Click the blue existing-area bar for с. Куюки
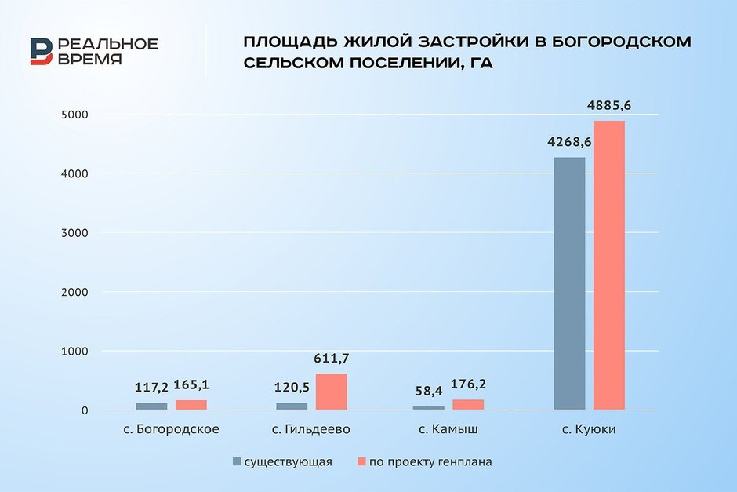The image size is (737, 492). [x=569, y=283]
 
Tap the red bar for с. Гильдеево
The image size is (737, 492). [x=331, y=392]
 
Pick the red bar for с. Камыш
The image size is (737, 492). [x=468, y=404]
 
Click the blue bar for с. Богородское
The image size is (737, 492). [x=151, y=406]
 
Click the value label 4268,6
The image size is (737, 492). [x=569, y=142]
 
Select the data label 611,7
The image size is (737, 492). [x=331, y=358]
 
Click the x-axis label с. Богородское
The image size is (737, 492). [x=171, y=430]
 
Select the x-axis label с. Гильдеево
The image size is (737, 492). [x=311, y=430]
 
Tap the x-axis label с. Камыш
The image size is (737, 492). [x=448, y=430]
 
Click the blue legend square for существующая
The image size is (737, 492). [x=237, y=461]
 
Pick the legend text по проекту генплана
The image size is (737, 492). [x=430, y=461]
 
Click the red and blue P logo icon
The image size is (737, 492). [x=42, y=52]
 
